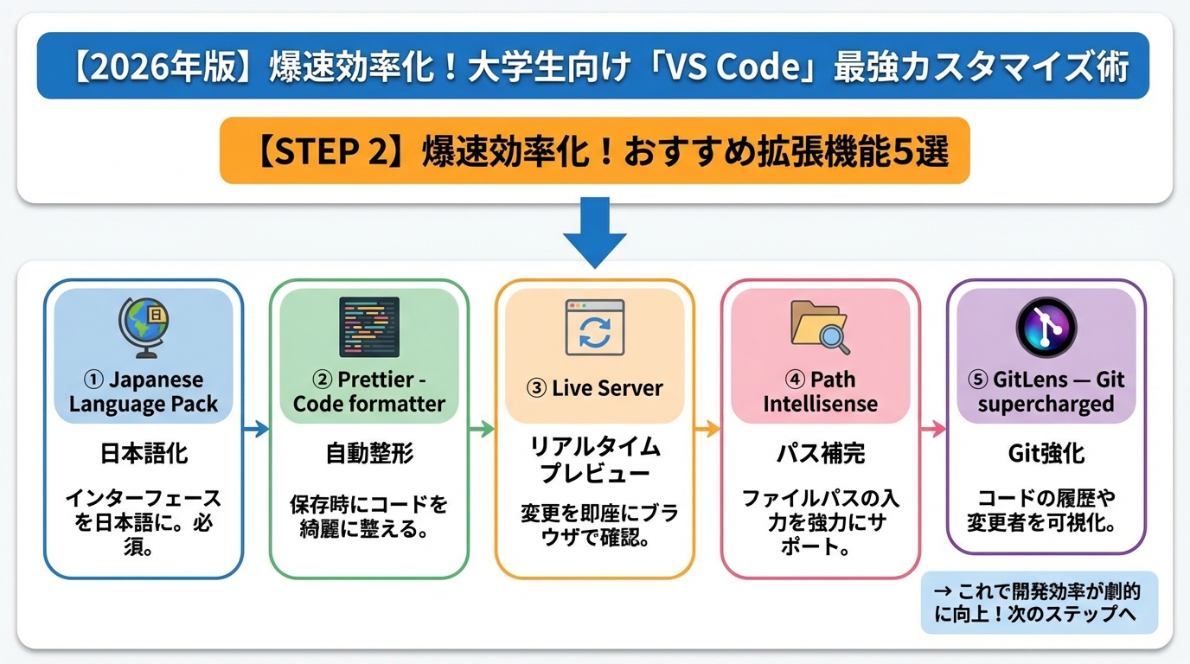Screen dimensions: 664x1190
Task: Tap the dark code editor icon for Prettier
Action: coord(369,327)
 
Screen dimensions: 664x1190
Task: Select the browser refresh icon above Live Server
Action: coord(594,329)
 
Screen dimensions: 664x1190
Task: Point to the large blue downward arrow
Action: coord(594,232)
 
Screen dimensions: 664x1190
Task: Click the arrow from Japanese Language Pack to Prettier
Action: coord(257,428)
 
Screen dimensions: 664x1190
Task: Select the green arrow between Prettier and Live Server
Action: coord(482,428)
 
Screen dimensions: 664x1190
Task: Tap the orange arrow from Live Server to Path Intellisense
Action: coord(707,428)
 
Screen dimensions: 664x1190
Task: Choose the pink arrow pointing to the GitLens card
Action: coord(933,428)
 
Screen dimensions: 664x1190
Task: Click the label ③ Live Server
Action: coord(595,388)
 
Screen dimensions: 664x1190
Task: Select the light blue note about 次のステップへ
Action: coord(1039,603)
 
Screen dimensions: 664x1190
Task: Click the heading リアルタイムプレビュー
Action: coord(595,460)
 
